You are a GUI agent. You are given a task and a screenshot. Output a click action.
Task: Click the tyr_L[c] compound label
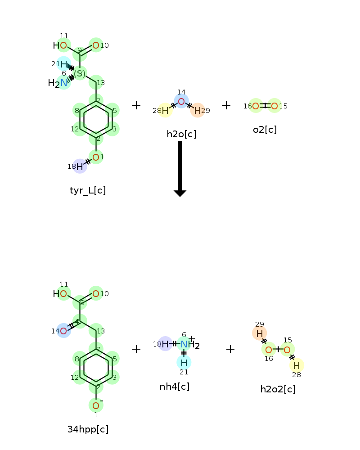click(x=88, y=190)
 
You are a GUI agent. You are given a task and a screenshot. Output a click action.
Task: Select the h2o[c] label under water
click(x=181, y=134)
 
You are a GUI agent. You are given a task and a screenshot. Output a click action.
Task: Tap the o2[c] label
click(x=265, y=130)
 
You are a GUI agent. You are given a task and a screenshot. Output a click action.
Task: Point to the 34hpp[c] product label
click(x=88, y=429)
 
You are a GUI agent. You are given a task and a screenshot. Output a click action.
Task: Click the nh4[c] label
click(x=175, y=387)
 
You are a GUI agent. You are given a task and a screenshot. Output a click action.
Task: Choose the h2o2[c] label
click(x=278, y=389)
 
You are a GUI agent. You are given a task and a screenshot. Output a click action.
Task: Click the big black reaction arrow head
click(x=180, y=193)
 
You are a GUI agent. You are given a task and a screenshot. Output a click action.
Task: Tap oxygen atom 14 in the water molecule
click(x=181, y=102)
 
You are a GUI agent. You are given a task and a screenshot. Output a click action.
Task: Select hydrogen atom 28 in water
click(x=165, y=110)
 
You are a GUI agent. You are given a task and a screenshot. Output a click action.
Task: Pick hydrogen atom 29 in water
click(x=197, y=110)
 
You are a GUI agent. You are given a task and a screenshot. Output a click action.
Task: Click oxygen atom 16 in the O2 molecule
click(x=255, y=106)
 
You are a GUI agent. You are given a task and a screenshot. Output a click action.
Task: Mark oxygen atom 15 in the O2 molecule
click(x=274, y=106)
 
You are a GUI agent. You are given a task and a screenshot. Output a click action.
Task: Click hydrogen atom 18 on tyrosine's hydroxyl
click(x=80, y=166)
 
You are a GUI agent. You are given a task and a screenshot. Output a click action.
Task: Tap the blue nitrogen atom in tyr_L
click(x=64, y=82)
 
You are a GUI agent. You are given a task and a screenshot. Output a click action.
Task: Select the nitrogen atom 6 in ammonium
click(x=184, y=344)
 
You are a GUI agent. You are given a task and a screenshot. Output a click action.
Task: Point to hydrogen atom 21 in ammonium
click(x=184, y=362)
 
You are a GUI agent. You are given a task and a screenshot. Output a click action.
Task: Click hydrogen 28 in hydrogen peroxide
click(x=297, y=365)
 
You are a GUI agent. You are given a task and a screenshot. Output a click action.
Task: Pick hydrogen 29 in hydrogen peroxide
click(x=259, y=333)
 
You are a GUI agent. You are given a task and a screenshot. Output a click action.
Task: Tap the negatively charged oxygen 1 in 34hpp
click(x=96, y=405)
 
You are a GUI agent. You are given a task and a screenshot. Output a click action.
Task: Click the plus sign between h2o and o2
click(x=226, y=105)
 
